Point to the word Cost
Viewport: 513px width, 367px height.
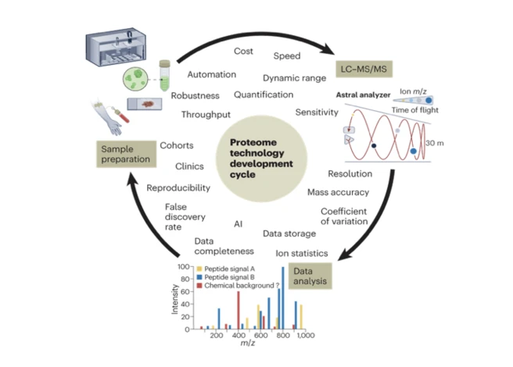243,51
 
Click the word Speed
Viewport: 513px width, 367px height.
286,56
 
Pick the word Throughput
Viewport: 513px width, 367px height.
205,114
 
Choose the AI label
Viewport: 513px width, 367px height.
238,224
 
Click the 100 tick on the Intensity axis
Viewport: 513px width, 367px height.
185,267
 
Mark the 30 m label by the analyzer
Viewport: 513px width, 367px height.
429,141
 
